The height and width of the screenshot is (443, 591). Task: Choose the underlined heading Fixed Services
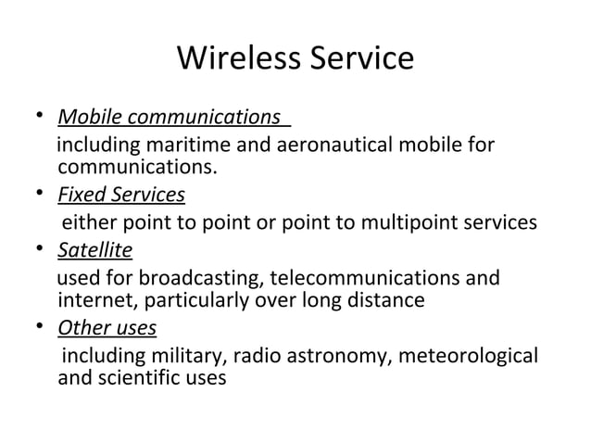coord(120,196)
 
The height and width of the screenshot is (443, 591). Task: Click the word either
coord(86,222)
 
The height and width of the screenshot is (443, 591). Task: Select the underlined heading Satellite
coord(94,250)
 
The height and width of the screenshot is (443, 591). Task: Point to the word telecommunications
coord(360,278)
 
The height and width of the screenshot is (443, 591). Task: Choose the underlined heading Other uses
coord(107,328)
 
